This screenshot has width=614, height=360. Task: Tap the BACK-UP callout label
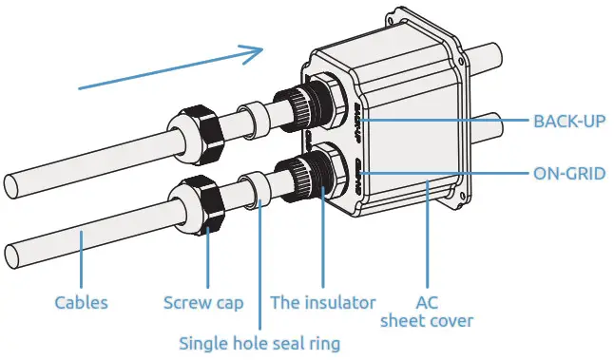tap(568, 122)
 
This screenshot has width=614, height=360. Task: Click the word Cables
tap(80, 303)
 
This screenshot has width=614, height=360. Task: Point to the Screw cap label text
tap(203, 303)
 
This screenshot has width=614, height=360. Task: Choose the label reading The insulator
tap(323, 303)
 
